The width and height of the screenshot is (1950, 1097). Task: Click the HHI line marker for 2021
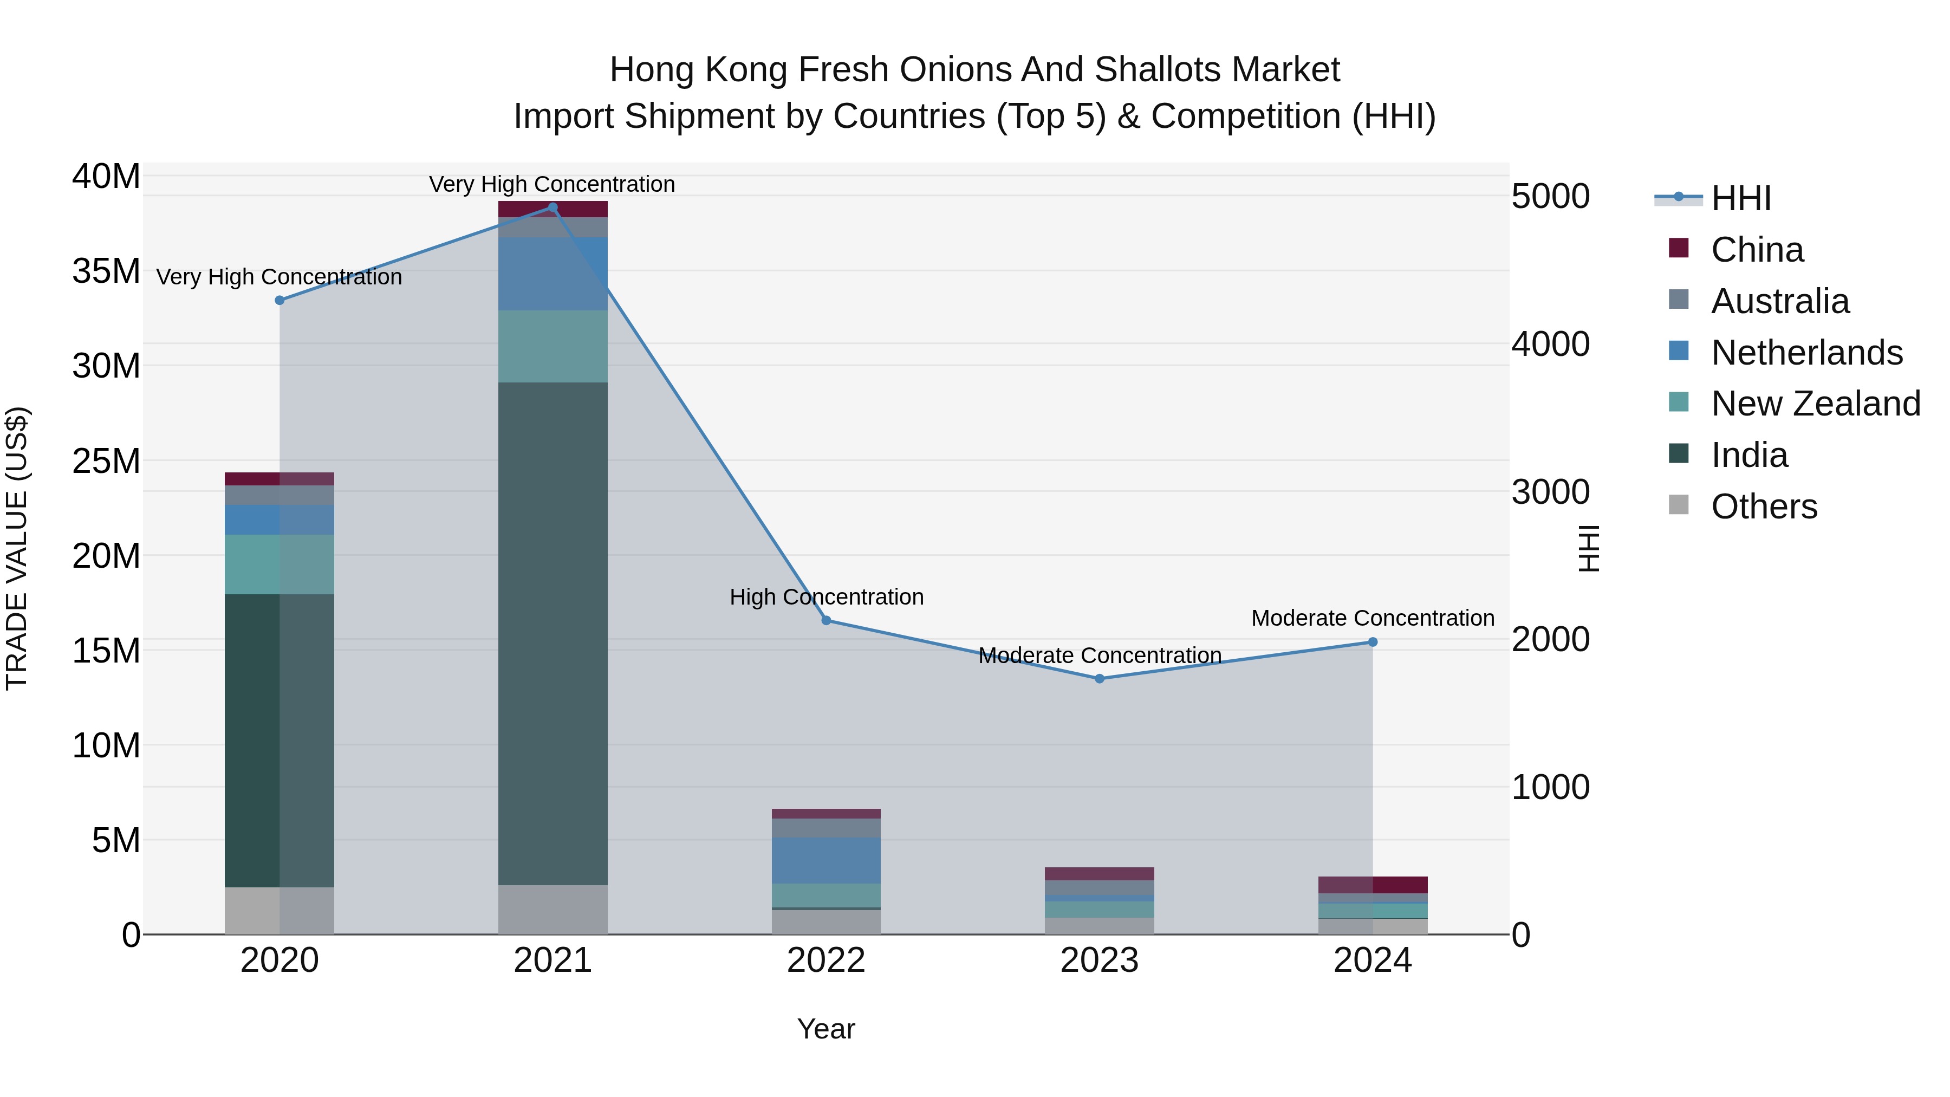pyautogui.click(x=552, y=207)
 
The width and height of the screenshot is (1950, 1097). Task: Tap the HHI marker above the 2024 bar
pyautogui.click(x=1373, y=642)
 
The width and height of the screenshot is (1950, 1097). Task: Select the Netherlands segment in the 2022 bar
pyautogui.click(x=826, y=860)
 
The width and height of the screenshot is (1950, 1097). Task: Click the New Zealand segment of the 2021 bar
pyautogui.click(x=552, y=346)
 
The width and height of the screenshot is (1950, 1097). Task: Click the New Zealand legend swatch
pyautogui.click(x=1678, y=402)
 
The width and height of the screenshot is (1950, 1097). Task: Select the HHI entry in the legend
pyautogui.click(x=1740, y=198)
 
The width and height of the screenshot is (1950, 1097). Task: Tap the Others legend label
pyautogui.click(x=1764, y=507)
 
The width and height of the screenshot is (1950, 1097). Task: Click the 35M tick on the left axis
pyautogui.click(x=106, y=271)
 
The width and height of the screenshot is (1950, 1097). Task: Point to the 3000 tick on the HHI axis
pyautogui.click(x=1550, y=492)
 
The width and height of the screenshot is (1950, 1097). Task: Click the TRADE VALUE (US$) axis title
pyautogui.click(x=17, y=548)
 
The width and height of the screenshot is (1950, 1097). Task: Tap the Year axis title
pyautogui.click(x=826, y=1029)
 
